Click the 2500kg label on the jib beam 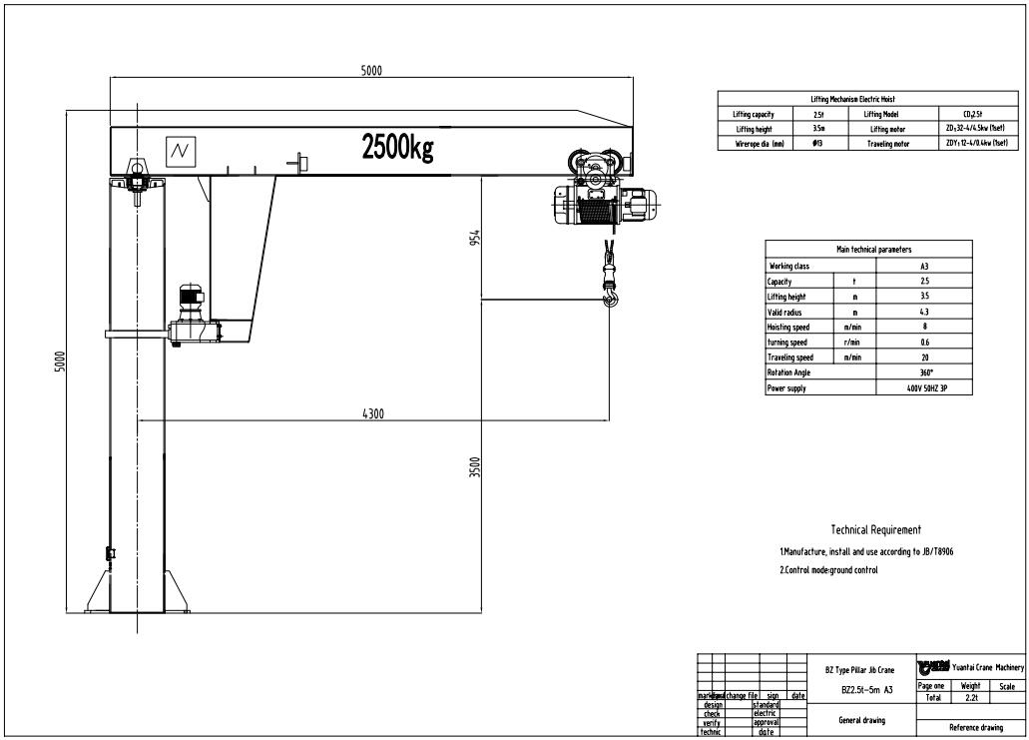point(397,148)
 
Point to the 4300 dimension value point(373,413)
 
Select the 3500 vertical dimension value point(476,466)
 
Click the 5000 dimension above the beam point(371,71)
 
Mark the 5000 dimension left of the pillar point(60,362)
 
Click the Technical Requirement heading point(875,530)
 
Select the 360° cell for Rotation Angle point(925,372)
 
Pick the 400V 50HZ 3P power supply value point(925,387)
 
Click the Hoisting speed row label point(787,327)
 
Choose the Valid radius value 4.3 point(925,312)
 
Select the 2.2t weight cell point(970,698)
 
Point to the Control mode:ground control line point(828,569)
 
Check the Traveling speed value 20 point(925,358)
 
